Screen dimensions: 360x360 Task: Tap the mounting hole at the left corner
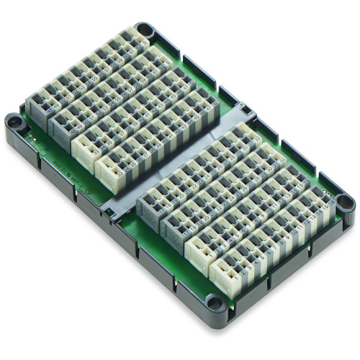[14, 122]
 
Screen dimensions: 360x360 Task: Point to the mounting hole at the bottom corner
[214, 302]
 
